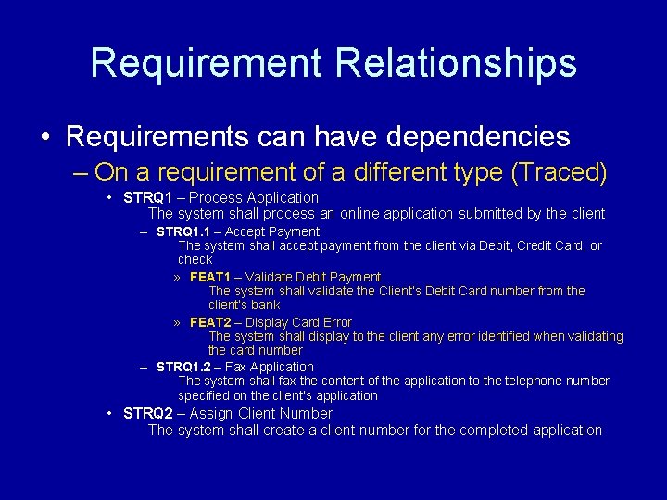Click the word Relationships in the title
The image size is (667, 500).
pos(456,63)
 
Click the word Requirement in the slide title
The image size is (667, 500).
pos(206,63)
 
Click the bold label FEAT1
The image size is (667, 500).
pos(210,277)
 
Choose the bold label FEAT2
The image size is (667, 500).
pos(210,322)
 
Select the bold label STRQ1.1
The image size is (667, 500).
pos(185,231)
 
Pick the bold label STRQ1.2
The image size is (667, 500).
pos(185,367)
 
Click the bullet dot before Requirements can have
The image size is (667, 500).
pos(45,138)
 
